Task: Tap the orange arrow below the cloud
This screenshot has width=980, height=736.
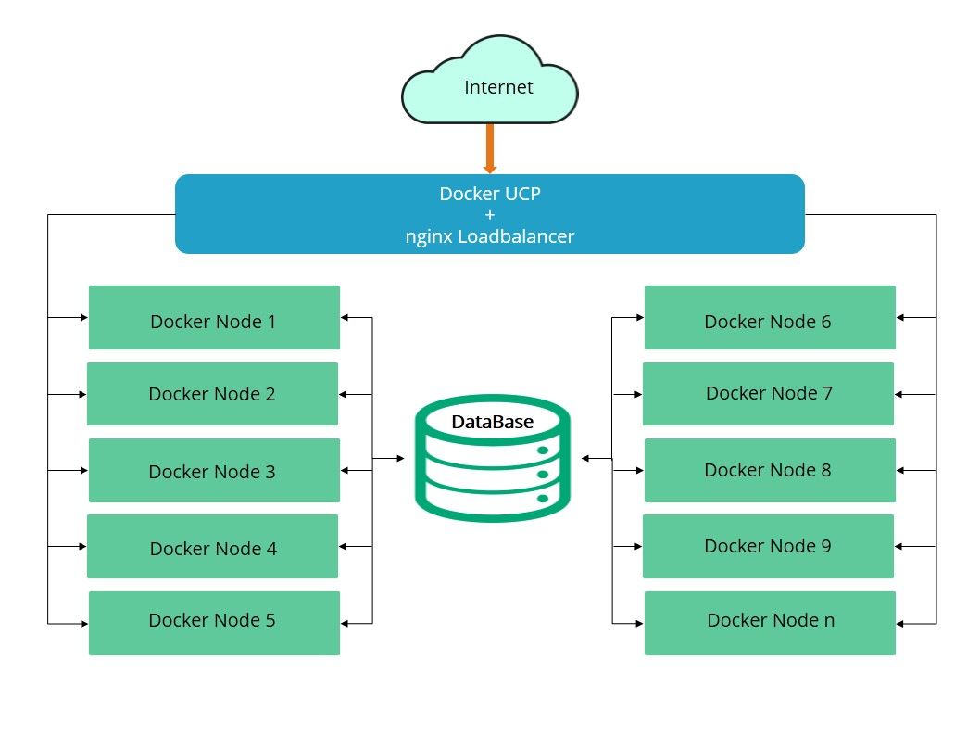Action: [x=490, y=148]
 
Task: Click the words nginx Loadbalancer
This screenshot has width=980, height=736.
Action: [x=489, y=236]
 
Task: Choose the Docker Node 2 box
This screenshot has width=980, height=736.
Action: [x=212, y=394]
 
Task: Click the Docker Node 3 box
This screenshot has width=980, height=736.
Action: [x=214, y=471]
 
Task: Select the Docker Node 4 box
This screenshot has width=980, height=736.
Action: [x=212, y=547]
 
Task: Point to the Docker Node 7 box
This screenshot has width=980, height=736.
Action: [x=768, y=394]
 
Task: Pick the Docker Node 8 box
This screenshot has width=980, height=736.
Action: [x=770, y=471]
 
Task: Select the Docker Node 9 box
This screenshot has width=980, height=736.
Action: [x=768, y=547]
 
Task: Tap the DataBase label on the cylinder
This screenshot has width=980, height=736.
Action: [x=492, y=423]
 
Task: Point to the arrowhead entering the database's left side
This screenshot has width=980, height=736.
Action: [x=399, y=459]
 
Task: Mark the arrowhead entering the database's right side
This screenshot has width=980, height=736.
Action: [x=585, y=459]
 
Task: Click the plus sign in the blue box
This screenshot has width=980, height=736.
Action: [x=489, y=215]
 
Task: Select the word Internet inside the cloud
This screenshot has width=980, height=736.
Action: [x=498, y=88]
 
